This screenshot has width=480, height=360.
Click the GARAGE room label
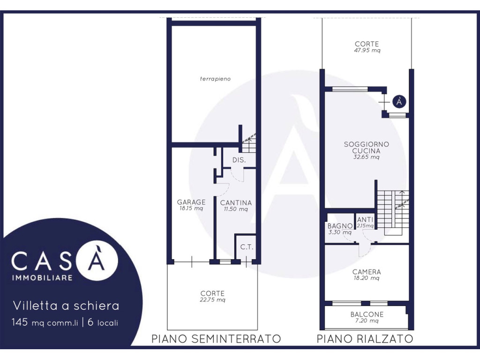(x=191, y=202)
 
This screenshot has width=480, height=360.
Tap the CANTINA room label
(x=236, y=202)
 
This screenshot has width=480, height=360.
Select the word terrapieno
(x=215, y=79)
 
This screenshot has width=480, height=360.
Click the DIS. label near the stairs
(x=239, y=160)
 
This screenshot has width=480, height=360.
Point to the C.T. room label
(x=247, y=247)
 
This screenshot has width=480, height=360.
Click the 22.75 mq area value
(x=212, y=300)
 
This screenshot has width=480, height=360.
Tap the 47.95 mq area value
(x=367, y=51)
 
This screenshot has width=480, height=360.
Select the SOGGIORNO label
(x=367, y=144)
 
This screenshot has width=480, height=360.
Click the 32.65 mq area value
(x=367, y=157)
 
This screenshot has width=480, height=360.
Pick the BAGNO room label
(x=340, y=226)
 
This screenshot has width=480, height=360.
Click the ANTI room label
(x=365, y=219)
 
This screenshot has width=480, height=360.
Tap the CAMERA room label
(x=367, y=272)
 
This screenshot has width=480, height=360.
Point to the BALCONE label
(x=367, y=315)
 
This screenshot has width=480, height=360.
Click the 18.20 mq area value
(x=367, y=278)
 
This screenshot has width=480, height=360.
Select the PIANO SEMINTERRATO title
(x=216, y=339)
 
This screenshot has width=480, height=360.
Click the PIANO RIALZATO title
(x=365, y=339)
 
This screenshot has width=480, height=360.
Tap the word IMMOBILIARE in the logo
(x=42, y=277)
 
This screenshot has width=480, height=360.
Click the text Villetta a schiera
(x=66, y=306)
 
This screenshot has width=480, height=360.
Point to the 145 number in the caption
(x=20, y=322)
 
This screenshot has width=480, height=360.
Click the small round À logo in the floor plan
(x=399, y=101)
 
